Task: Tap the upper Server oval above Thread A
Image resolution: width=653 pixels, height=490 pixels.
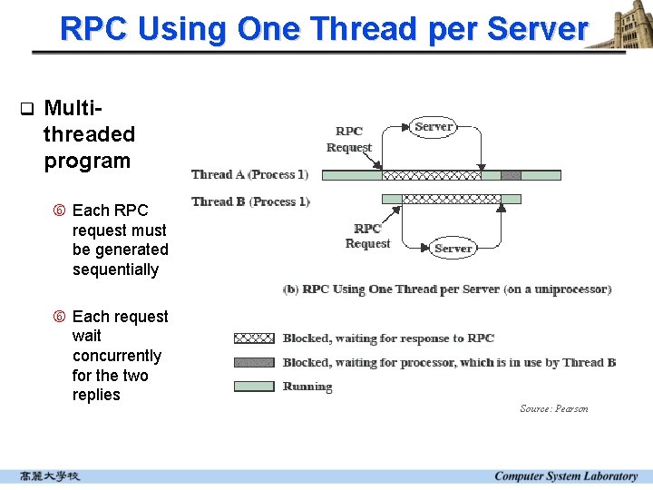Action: coord(433,127)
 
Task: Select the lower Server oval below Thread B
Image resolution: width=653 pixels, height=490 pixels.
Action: coord(453,248)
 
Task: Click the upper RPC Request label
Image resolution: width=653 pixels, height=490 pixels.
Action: coord(349,139)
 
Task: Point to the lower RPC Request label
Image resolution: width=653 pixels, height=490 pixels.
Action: coord(367,236)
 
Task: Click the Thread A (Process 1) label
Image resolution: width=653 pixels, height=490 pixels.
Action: coord(250,174)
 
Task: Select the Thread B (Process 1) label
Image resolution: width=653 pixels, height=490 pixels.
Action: coord(250,201)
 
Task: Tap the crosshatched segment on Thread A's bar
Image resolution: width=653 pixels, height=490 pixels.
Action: coord(431,175)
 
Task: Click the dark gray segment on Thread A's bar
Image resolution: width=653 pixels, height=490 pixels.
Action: coord(511,175)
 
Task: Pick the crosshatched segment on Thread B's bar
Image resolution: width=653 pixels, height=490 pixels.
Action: coord(451,199)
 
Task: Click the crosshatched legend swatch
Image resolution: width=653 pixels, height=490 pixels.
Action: coord(254,338)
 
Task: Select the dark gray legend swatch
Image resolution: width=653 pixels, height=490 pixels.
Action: coord(254,362)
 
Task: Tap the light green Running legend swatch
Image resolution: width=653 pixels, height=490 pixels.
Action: coord(254,386)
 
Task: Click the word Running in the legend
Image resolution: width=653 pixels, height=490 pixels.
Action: coord(307,387)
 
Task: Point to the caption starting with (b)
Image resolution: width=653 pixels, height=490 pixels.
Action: coord(447,289)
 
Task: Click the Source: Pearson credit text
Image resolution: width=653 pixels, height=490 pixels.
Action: coord(553,408)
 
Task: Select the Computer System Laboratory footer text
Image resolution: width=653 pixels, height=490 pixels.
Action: coord(566,475)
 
